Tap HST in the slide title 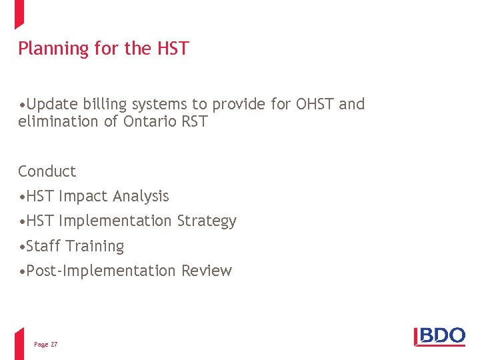coord(173,49)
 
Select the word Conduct coord(47,171)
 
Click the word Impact coord(84,196)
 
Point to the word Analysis coord(141,196)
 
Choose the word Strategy coord(207,221)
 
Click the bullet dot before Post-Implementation coord(23,271)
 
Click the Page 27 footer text coord(45,345)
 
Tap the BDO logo coord(440,336)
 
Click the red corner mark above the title coord(19,13)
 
